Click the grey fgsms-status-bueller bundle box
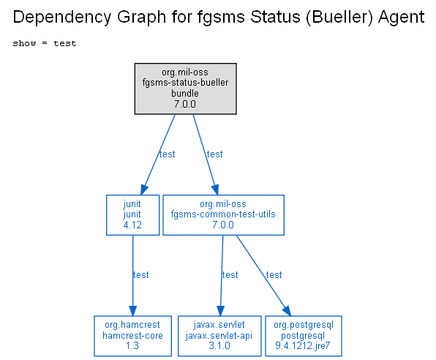pyautogui.click(x=186, y=89)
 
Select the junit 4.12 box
pyautogui.click(x=132, y=215)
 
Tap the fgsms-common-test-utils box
pyautogui.click(x=223, y=215)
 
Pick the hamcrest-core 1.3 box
pyautogui.click(x=132, y=336)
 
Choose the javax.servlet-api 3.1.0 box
pyautogui.click(x=219, y=336)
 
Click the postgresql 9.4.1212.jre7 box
pyautogui.click(x=304, y=336)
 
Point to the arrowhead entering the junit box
pyautogui.click(x=144, y=190)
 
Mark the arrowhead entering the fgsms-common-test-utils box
pyautogui.click(x=216, y=190)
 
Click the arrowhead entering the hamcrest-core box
pyautogui.click(x=132, y=311)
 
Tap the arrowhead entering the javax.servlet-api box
pyautogui.click(x=220, y=311)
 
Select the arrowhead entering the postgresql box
pyautogui.click(x=287, y=311)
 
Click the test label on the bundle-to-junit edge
pyautogui.click(x=167, y=154)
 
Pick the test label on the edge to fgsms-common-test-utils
pyautogui.click(x=214, y=154)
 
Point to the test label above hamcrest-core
pyautogui.click(x=140, y=274)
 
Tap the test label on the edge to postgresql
pyautogui.click(x=274, y=274)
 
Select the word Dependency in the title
pyautogui.click(x=61, y=18)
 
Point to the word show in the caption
pyautogui.click(x=24, y=43)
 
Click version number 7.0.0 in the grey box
pyautogui.click(x=185, y=104)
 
